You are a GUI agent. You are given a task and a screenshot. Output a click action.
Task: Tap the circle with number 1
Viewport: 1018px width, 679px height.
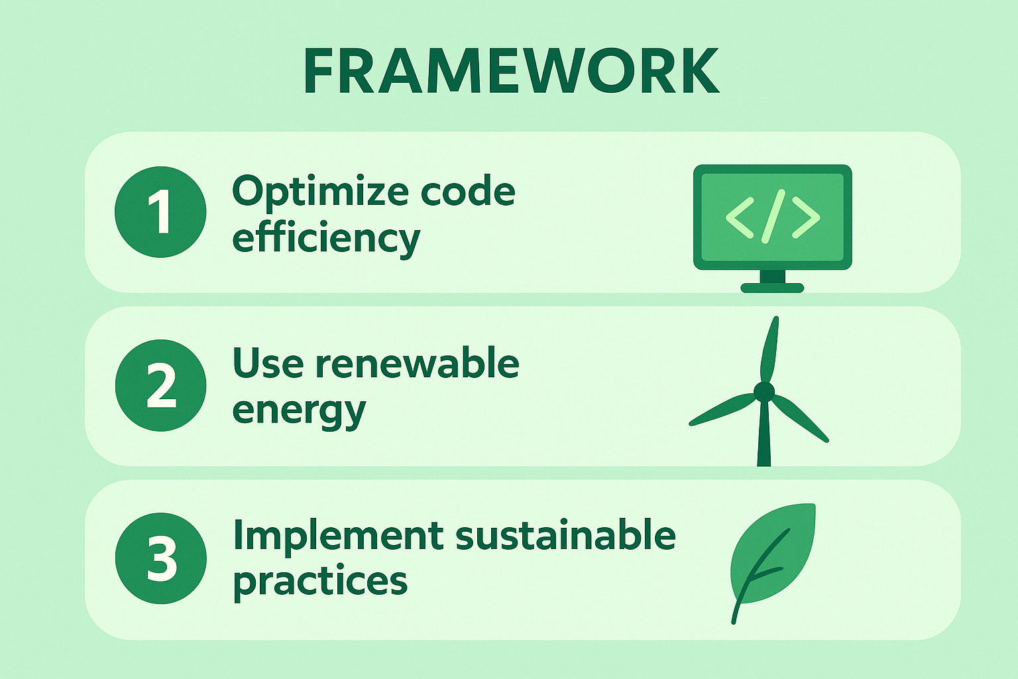pyautogui.click(x=160, y=212)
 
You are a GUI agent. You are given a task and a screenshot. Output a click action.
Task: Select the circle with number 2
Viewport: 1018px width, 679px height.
pyautogui.click(x=161, y=385)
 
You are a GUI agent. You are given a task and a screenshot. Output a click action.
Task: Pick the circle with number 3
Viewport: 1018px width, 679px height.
pyautogui.click(x=161, y=558)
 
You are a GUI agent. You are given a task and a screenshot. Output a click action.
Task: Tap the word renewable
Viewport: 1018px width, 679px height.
pyautogui.click(x=417, y=363)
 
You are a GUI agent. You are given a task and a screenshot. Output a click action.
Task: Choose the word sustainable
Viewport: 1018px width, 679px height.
pyautogui.click(x=565, y=535)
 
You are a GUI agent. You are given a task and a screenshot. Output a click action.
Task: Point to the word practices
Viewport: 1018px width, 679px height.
pyautogui.click(x=320, y=583)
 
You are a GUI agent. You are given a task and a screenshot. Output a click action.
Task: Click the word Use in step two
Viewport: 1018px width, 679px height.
pyautogui.click(x=268, y=363)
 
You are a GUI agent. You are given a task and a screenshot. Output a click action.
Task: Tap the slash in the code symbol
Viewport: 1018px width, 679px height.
pyautogui.click(x=773, y=216)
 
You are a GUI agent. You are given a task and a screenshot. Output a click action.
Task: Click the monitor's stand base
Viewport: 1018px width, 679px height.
pyautogui.click(x=773, y=288)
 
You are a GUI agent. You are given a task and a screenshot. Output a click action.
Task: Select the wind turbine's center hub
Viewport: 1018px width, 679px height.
pyautogui.click(x=764, y=392)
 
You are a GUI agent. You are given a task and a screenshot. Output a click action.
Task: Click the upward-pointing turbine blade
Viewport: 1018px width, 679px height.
pyautogui.click(x=769, y=349)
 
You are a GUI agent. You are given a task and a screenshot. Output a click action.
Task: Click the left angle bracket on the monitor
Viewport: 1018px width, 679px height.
pyautogui.click(x=740, y=218)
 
